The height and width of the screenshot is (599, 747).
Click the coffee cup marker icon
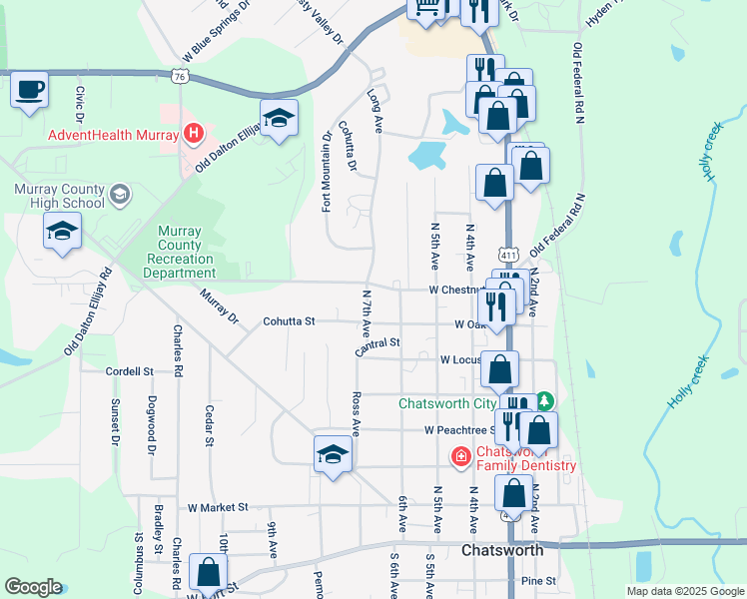point(29,89)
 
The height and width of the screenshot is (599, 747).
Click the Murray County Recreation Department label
point(187,252)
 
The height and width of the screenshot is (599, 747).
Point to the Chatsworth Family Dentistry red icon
point(460,457)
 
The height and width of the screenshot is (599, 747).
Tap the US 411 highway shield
point(509,255)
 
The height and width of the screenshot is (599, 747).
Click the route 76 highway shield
point(180,76)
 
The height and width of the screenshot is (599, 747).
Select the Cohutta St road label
point(289,321)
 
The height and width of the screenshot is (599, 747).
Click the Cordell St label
point(129,370)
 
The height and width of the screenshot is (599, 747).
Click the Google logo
point(33,587)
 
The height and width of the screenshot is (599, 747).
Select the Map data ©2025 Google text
point(684,591)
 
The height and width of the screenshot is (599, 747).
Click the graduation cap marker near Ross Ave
point(333,454)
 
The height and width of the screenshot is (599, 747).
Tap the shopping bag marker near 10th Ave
point(208,573)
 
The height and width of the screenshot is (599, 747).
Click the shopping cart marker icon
point(426,8)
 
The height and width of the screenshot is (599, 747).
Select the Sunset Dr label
point(115,421)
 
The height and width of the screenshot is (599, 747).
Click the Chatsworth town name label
point(502,550)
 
